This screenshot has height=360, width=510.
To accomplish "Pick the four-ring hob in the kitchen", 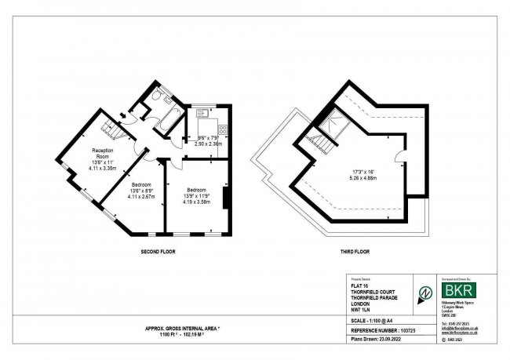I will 222,130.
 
